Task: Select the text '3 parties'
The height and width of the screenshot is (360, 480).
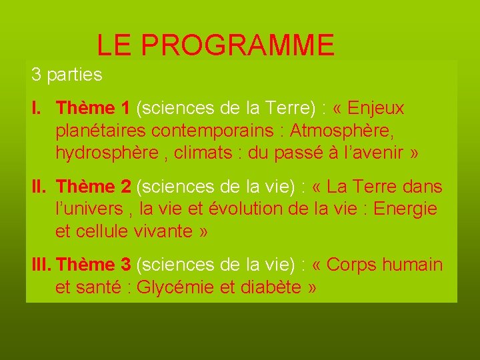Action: [67, 75]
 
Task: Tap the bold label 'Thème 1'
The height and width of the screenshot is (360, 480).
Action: [93, 108]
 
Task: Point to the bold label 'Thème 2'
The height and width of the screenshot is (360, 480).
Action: [93, 187]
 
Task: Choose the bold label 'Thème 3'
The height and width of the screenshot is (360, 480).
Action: [94, 265]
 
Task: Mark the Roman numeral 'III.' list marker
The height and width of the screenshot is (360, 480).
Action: [43, 265]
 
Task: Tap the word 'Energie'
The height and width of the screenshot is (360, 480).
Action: [405, 209]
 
